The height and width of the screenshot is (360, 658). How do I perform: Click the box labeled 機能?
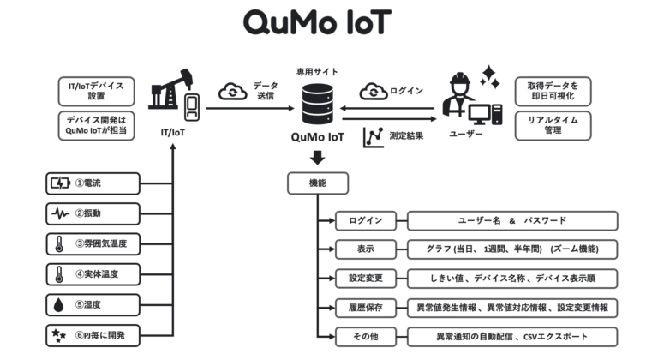pos(317,183)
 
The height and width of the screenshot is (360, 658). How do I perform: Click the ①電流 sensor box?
pos(92,183)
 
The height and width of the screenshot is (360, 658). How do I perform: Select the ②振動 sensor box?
pos(92,213)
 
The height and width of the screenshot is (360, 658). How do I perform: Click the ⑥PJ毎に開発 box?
pos(92,335)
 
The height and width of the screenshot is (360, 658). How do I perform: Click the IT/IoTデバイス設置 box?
pos(97,89)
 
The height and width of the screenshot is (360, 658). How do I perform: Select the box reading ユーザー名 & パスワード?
pos(512,221)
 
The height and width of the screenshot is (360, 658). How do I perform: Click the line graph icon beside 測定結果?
pos(373,135)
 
